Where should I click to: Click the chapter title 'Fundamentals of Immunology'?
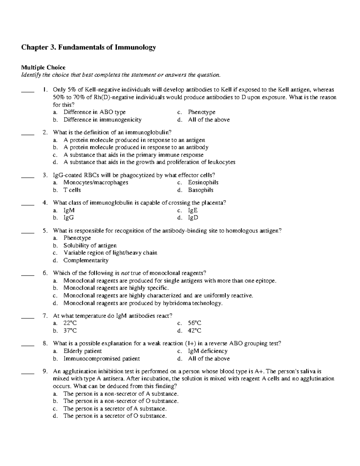(88, 47)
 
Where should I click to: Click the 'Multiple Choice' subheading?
(43, 68)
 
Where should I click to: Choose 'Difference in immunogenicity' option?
(102, 120)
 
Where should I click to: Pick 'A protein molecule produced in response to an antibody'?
(136, 147)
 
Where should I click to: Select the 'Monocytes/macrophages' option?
(96, 182)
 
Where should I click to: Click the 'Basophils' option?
(200, 190)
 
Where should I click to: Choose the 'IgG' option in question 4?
(69, 218)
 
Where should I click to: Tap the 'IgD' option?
(193, 218)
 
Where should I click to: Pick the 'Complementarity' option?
(86, 260)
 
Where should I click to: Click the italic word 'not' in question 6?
(124, 273)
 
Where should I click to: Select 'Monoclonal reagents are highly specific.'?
(116, 288)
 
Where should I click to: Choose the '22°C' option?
(70, 323)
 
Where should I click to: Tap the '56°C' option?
(194, 323)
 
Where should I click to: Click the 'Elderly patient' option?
(82, 351)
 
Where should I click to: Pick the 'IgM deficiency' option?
(208, 351)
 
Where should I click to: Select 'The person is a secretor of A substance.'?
(115, 409)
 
